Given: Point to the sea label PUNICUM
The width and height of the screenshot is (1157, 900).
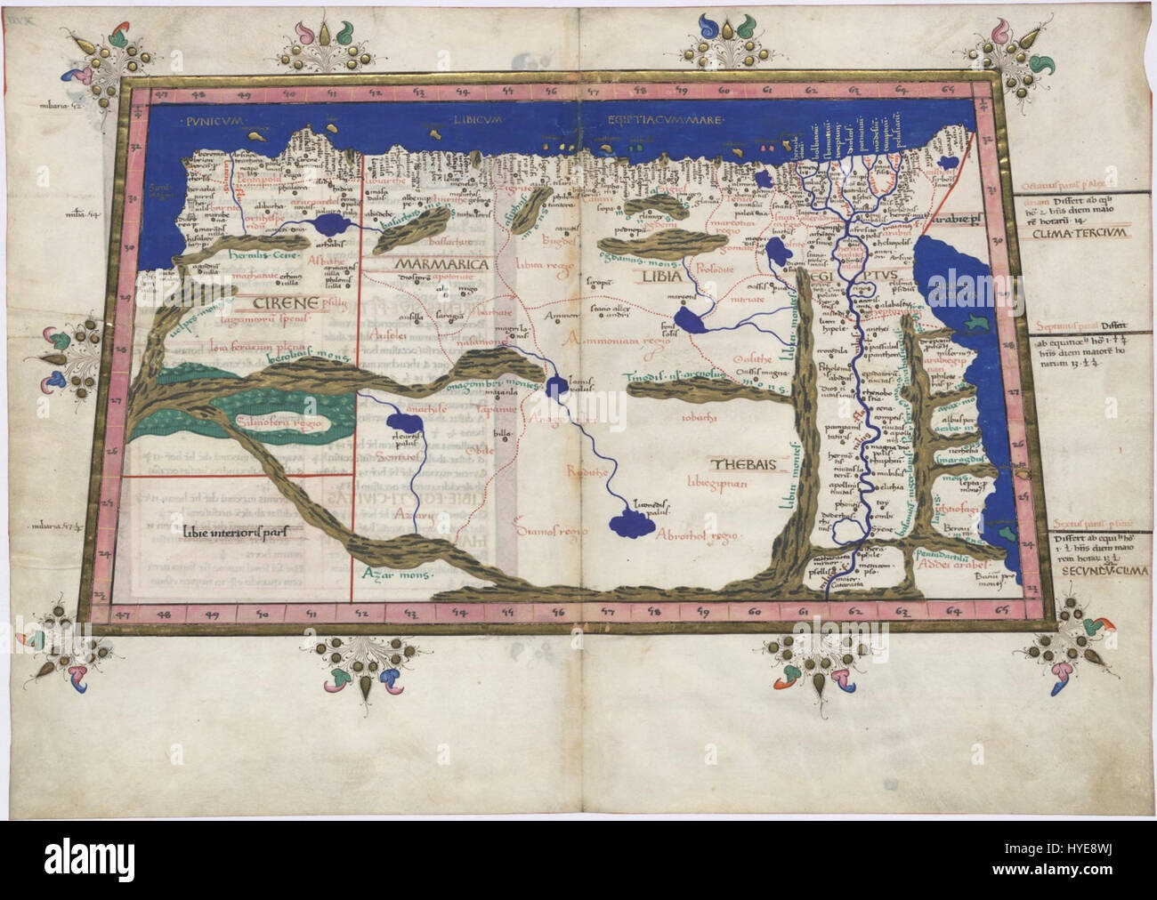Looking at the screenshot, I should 215,120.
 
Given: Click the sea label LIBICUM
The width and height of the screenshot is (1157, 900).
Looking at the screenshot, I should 477,119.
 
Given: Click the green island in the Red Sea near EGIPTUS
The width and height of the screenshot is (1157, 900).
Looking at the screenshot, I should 979,318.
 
